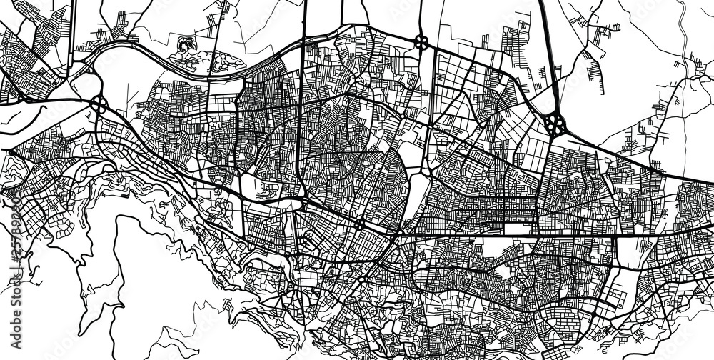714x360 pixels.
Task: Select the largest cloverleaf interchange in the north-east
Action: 555,124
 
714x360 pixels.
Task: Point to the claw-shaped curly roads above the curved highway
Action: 187,49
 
